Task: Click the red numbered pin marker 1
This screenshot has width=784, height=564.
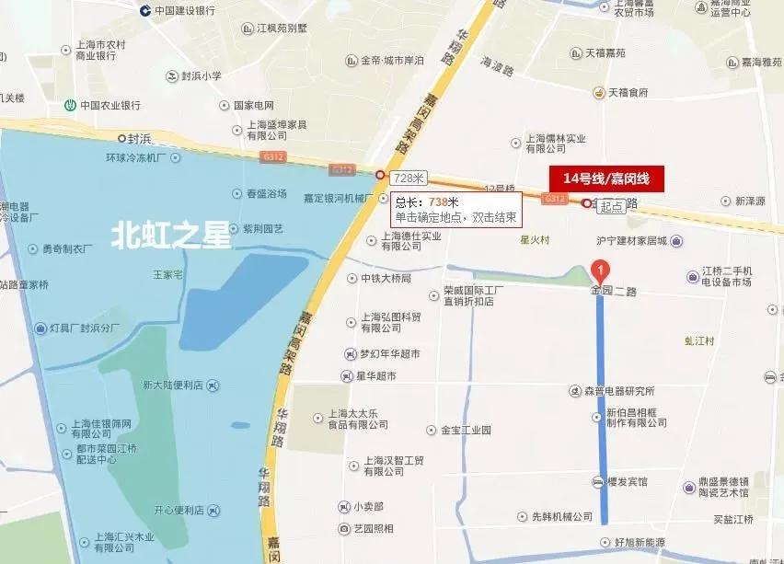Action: [x=600, y=270]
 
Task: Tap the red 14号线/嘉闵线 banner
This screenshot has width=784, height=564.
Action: [x=605, y=178]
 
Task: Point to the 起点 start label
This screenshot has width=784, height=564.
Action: [x=611, y=208]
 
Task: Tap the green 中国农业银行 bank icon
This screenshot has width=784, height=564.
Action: [x=68, y=105]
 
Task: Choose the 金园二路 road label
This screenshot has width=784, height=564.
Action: [x=614, y=290]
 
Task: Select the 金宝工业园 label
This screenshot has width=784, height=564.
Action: [x=466, y=430]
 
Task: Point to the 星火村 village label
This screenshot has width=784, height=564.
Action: [x=535, y=240]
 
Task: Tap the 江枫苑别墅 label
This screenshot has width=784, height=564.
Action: [x=282, y=29]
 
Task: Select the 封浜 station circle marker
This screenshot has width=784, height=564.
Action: [x=121, y=138]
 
